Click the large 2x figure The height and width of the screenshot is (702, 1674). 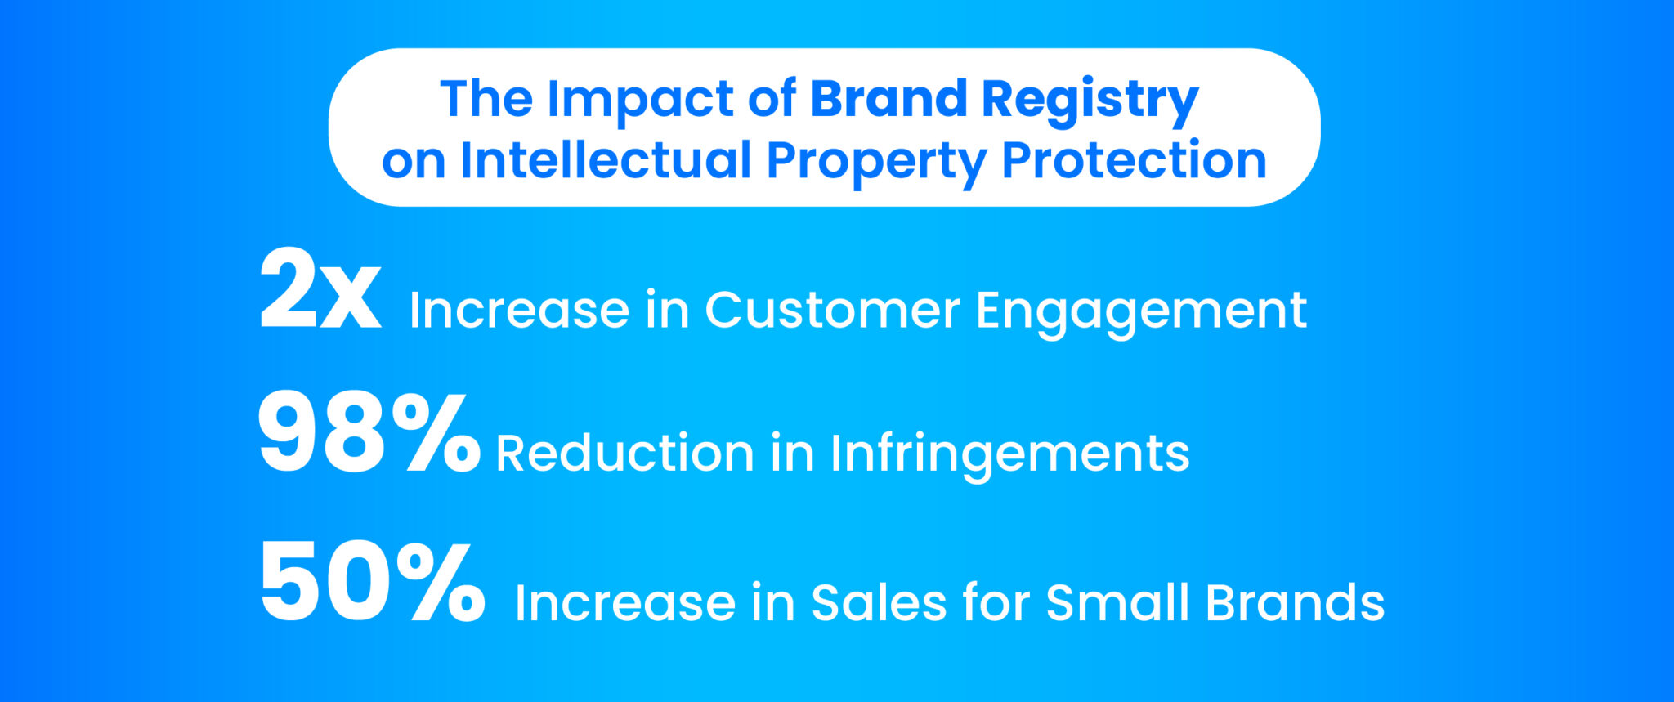[320, 289]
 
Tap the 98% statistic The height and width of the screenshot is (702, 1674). [369, 433]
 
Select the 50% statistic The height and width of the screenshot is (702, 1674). [373, 583]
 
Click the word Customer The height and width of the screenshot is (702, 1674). [832, 311]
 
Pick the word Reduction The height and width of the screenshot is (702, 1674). [625, 454]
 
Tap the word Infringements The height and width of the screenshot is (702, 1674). [1009, 454]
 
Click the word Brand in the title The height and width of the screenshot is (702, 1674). [888, 99]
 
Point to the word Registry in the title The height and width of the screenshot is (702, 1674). [1090, 102]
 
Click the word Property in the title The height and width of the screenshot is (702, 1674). [876, 163]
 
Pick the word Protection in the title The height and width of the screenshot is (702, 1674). [1135, 160]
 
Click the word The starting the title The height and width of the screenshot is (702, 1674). [486, 99]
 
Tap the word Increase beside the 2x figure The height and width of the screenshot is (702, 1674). [519, 311]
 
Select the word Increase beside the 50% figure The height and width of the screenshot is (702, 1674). [625, 603]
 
